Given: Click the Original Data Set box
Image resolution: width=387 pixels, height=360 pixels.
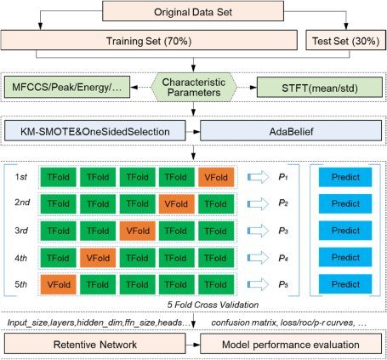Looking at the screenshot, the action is click(x=193, y=11).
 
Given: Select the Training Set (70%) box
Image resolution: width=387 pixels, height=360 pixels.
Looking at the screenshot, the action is click(x=149, y=40).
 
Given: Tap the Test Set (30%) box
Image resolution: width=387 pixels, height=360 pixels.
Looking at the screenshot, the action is click(x=345, y=40).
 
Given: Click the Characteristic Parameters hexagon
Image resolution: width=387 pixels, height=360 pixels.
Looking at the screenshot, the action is click(x=194, y=88).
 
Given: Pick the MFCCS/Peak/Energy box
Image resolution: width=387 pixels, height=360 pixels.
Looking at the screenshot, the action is click(x=67, y=87).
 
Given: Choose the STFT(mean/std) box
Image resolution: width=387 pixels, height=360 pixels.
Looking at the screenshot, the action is click(x=320, y=88).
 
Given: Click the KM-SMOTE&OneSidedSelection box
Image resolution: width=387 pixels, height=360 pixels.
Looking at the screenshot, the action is click(x=95, y=131).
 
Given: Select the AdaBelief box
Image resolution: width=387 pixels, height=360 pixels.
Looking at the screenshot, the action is click(x=291, y=131).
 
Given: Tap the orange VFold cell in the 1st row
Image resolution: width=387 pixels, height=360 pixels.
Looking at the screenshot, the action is click(x=216, y=177).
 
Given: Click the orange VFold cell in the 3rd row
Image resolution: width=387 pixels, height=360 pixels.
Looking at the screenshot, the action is click(x=138, y=231).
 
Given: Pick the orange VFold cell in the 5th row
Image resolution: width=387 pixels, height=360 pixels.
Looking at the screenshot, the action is click(x=59, y=284).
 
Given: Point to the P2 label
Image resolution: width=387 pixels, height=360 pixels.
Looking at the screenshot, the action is click(x=283, y=203).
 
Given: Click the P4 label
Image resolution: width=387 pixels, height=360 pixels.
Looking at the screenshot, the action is click(x=283, y=258).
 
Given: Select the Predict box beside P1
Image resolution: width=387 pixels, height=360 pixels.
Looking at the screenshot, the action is click(x=345, y=177).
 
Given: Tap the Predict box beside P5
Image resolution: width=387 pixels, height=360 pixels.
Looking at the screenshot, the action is click(x=345, y=284).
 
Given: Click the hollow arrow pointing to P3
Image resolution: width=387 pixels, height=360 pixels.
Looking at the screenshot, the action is click(x=258, y=231).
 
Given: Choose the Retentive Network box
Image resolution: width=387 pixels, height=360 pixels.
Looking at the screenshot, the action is click(x=95, y=344).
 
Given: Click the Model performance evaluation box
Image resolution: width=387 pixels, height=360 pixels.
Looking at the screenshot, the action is click(x=291, y=344).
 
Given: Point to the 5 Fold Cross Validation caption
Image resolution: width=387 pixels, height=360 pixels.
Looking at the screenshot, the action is click(x=213, y=305).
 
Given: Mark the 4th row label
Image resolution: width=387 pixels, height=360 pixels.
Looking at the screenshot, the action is click(x=21, y=258).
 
